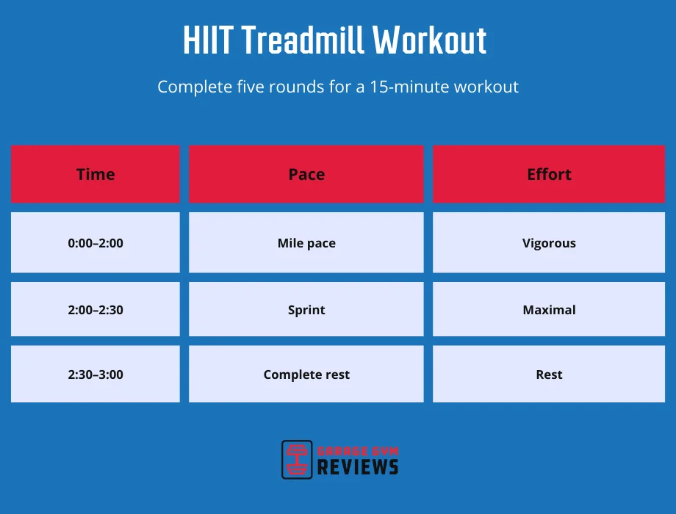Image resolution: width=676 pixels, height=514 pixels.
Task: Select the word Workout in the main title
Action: click(430, 41)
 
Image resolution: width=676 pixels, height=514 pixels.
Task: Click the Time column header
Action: click(96, 174)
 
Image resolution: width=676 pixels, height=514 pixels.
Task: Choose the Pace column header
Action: click(306, 174)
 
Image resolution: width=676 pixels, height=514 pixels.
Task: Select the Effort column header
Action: click(549, 174)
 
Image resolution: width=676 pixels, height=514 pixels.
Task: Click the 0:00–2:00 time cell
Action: click(96, 243)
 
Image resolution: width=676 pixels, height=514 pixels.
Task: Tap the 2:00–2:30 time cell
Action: click(96, 310)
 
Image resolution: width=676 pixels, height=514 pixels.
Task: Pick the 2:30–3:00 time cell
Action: click(96, 374)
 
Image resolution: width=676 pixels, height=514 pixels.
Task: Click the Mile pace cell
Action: click(306, 243)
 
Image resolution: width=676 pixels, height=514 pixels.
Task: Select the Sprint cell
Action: click(306, 310)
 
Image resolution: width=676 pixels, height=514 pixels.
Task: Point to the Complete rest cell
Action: click(306, 374)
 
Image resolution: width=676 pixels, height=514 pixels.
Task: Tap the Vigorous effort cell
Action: click(549, 243)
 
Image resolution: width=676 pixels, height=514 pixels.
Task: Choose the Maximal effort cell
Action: click(549, 310)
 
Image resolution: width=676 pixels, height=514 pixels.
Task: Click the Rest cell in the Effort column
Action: click(549, 374)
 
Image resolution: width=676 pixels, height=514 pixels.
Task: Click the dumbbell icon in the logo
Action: click(298, 460)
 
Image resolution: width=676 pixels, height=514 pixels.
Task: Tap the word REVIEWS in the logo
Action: click(358, 466)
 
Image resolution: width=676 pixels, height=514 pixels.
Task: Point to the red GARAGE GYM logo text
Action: click(357, 450)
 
